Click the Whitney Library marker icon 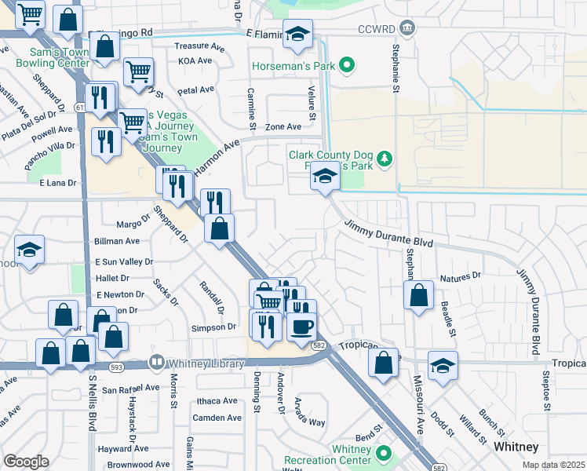click(157, 362)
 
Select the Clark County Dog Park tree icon click(384, 160)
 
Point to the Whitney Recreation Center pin click(384, 454)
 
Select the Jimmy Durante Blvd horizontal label click(389, 233)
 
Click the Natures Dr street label click(460, 276)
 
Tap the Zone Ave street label click(283, 126)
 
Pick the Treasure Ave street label click(194, 46)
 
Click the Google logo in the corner click(26, 462)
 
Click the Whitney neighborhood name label click(516, 447)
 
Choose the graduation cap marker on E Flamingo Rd click(297, 34)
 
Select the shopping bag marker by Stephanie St click(419, 296)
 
